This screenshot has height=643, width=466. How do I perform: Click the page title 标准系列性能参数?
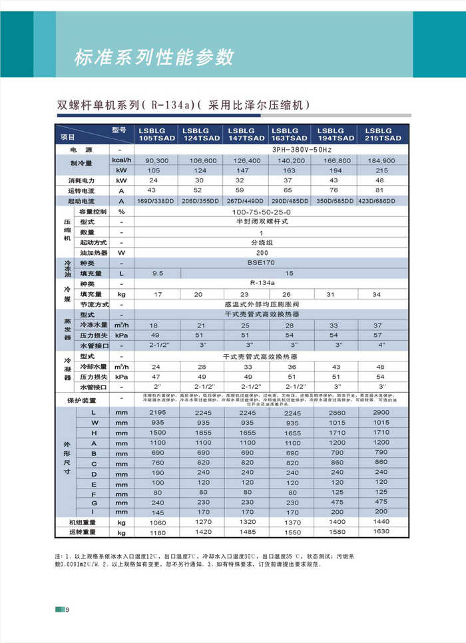pos(154,57)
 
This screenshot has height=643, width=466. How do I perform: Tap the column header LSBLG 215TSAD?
pos(383,134)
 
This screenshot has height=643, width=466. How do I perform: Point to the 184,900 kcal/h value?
pos(382,161)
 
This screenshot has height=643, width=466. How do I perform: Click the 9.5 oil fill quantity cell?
pos(157,274)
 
